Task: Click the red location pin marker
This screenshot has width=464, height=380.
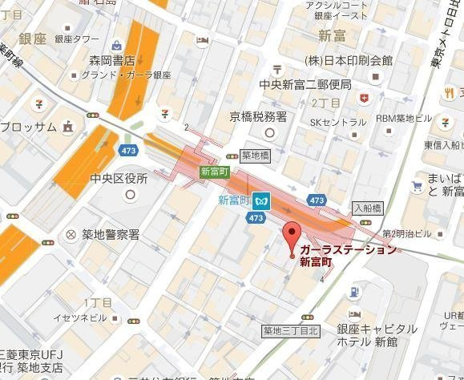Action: click(x=292, y=236)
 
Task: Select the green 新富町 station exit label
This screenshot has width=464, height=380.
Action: click(x=215, y=172)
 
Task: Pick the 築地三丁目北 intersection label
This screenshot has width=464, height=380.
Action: click(x=291, y=330)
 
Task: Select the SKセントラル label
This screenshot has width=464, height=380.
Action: click(x=338, y=122)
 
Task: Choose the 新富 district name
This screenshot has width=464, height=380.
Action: click(x=332, y=34)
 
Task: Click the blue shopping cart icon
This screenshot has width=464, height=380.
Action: click(x=416, y=186)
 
